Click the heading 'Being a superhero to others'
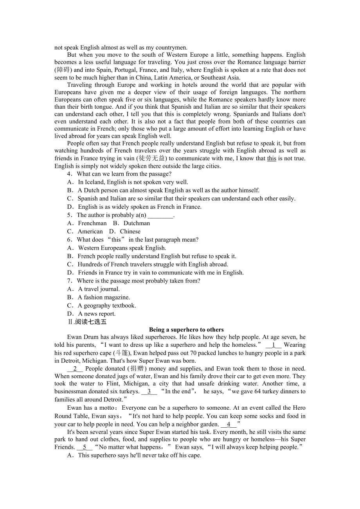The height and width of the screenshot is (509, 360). point(186,330)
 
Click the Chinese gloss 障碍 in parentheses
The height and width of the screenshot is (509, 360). point(63,70)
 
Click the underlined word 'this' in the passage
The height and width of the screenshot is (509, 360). point(272,158)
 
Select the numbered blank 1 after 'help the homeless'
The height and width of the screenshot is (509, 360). point(274,345)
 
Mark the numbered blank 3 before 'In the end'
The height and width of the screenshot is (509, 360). point(149,391)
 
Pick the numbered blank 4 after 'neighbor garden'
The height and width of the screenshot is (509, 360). point(229,425)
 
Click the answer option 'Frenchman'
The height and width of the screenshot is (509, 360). point(92,223)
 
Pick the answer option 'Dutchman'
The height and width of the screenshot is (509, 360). point(137,223)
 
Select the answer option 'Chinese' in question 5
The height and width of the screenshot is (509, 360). point(130,231)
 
